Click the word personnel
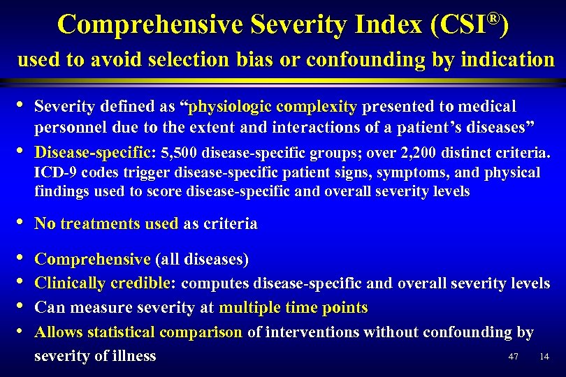click(68, 129)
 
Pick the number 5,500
click(180, 152)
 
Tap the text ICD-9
click(54, 172)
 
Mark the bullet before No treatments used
click(22, 223)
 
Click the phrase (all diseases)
click(201, 260)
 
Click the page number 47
click(514, 357)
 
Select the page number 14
click(544, 357)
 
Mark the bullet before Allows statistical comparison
click(22, 330)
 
